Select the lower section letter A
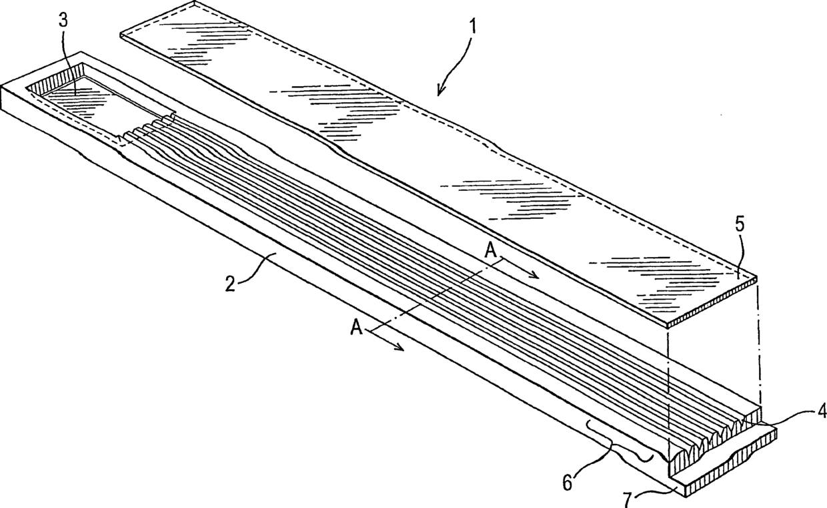pos(357,328)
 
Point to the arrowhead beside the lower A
pos(401,348)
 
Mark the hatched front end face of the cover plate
pos(714,303)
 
